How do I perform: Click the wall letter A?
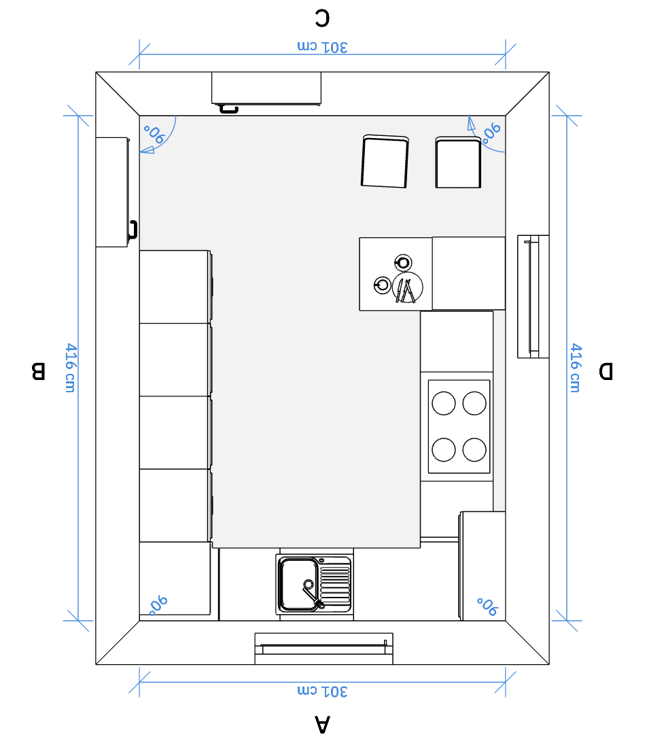(x=322, y=724)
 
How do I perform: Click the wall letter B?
(x=38, y=371)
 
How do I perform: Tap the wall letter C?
(x=322, y=18)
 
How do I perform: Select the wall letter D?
(x=606, y=371)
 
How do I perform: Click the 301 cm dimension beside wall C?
(x=322, y=47)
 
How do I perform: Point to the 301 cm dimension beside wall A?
(x=322, y=691)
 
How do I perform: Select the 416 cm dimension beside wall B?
(x=71, y=368)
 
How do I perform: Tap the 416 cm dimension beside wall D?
(x=575, y=368)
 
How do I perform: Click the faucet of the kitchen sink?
(x=313, y=593)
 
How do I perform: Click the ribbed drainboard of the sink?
(x=336, y=585)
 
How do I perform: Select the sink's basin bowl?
(x=298, y=585)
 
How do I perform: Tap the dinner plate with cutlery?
(x=407, y=287)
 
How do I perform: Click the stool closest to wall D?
(x=458, y=162)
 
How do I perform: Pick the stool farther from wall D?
(x=385, y=161)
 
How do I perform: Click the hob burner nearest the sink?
(x=443, y=449)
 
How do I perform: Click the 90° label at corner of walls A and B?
(x=158, y=605)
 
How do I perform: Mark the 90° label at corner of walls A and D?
(x=487, y=606)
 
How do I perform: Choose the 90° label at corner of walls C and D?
(x=491, y=133)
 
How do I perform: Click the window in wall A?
(x=323, y=649)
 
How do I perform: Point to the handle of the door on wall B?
(x=133, y=230)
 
